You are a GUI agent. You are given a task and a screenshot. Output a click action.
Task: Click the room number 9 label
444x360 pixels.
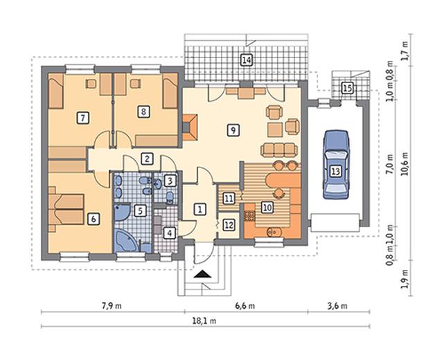pyautogui.click(x=233, y=130)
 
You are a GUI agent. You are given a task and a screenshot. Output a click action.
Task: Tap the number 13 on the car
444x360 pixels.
pyautogui.click(x=335, y=171)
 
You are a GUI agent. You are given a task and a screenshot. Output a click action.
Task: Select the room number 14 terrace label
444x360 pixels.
pyautogui.click(x=247, y=60)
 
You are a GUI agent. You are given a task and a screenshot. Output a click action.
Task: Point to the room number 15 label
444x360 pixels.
pyautogui.click(x=347, y=88)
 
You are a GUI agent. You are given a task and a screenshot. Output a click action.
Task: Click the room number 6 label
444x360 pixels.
pyautogui.click(x=94, y=219)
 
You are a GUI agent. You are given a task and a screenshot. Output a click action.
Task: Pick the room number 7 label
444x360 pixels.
pyautogui.click(x=82, y=118)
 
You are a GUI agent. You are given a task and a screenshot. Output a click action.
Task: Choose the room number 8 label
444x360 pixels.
pyautogui.click(x=143, y=111)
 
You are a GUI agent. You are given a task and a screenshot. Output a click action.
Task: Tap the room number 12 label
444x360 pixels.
pyautogui.click(x=229, y=225)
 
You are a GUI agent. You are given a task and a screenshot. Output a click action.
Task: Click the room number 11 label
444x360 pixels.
pyautogui.click(x=229, y=199)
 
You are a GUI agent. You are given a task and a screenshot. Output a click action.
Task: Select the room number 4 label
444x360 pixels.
pyautogui.click(x=169, y=233)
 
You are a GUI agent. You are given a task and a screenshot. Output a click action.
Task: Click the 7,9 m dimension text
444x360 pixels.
pyautogui.click(x=112, y=306)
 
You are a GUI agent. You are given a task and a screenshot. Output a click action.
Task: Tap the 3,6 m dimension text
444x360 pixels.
pyautogui.click(x=337, y=306)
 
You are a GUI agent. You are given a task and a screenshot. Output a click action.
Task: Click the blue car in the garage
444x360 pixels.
pyautogui.click(x=336, y=165)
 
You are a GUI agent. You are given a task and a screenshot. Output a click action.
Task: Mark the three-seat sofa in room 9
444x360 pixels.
pyautogui.click(x=279, y=150)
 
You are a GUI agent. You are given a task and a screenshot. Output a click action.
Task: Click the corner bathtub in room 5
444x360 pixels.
pyautogui.click(x=126, y=240)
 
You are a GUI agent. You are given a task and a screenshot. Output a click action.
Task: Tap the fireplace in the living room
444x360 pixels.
pyautogui.click(x=190, y=127)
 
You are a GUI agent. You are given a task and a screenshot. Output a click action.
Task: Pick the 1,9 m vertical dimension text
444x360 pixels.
pyautogui.click(x=405, y=279)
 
